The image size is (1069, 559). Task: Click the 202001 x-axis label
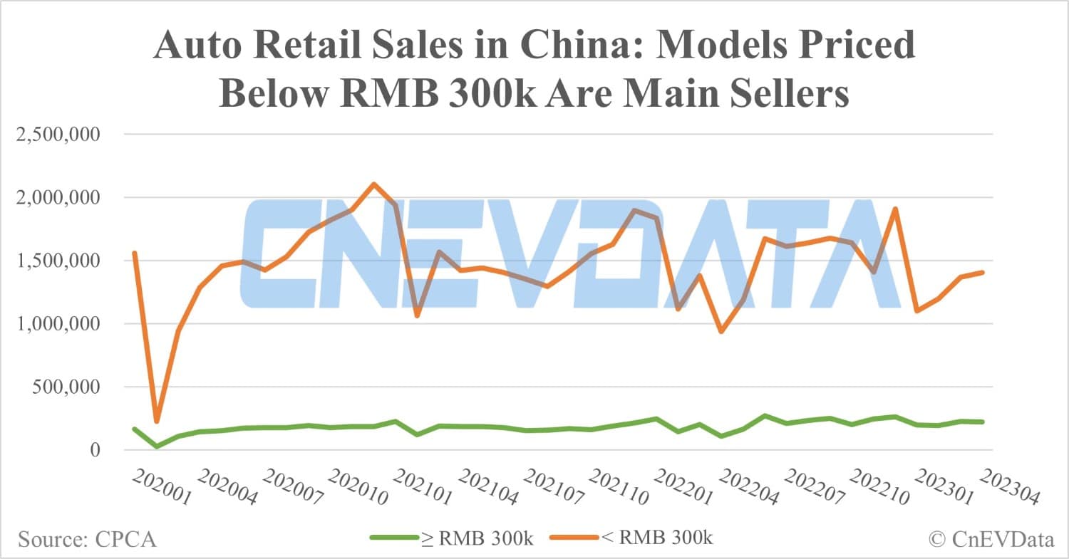[x=162, y=488]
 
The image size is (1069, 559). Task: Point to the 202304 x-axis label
[x=1011, y=488]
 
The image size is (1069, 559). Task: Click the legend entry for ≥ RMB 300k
[x=452, y=538]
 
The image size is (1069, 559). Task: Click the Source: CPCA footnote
[x=87, y=540]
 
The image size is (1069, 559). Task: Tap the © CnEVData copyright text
[x=991, y=540]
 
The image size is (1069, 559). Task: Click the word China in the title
[x=564, y=46]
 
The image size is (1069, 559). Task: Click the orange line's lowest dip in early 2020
[x=157, y=422]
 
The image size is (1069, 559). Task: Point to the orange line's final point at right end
[x=982, y=272]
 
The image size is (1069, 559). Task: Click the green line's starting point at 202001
[x=135, y=429]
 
